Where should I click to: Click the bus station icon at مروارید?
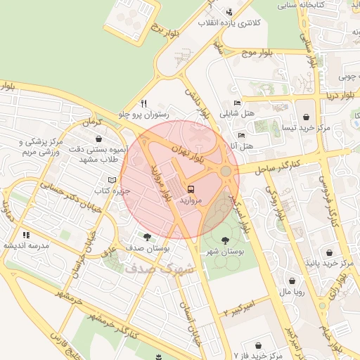(x=191, y=188)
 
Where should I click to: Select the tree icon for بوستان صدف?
(x=147, y=237)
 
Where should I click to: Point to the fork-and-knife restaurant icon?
(x=144, y=102)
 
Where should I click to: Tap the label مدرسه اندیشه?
(x=26, y=245)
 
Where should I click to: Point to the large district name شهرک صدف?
(x=148, y=269)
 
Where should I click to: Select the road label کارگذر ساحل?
(x=278, y=165)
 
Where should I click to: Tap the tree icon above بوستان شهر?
(x=225, y=240)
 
